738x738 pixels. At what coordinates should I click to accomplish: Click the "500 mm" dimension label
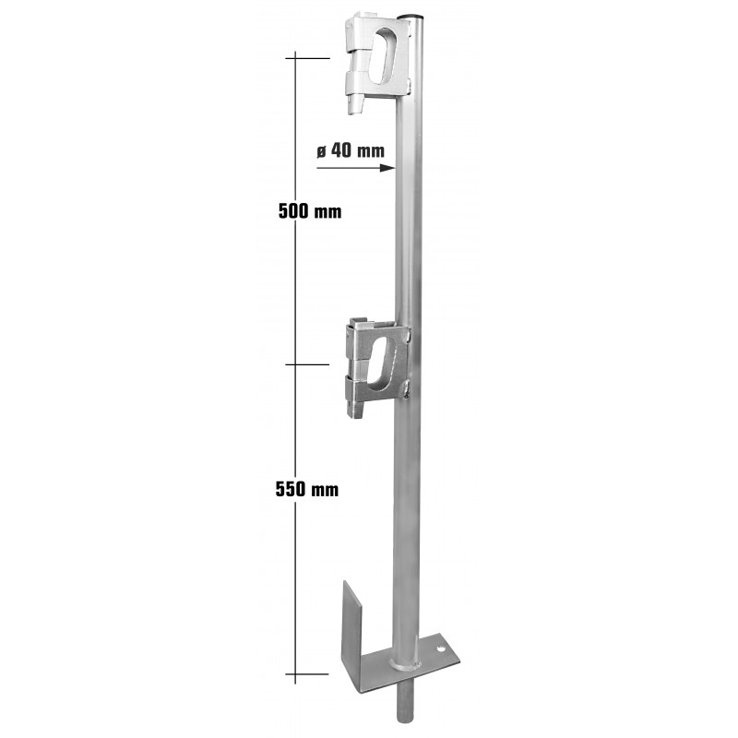pos(310,211)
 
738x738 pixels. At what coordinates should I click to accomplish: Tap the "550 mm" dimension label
pos(307,489)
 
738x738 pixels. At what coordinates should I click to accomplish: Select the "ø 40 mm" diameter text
pos(351,150)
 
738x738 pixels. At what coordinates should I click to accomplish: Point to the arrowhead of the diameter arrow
pos(388,168)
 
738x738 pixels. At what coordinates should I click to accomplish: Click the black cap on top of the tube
pos(410,17)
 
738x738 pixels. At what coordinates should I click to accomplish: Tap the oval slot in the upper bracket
pos(383,56)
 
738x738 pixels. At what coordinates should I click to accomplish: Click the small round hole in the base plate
pos(441,649)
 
